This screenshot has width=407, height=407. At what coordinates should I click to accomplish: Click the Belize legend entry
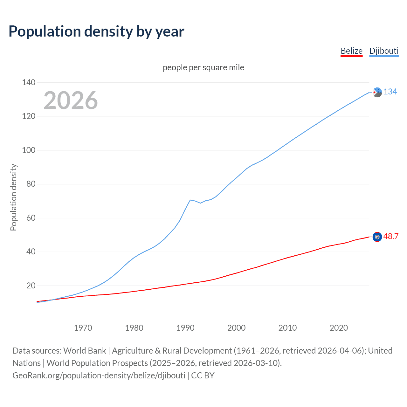tap(351, 51)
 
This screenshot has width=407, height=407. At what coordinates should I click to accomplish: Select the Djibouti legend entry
tap(384, 51)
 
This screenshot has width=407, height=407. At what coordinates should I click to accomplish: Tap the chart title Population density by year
tap(96, 31)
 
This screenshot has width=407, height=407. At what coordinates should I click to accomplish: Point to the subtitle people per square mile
tap(203, 67)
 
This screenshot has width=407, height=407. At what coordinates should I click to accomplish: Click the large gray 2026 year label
tap(71, 100)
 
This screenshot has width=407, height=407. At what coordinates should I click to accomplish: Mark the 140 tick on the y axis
tap(29, 82)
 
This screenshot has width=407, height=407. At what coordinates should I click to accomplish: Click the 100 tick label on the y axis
tap(29, 150)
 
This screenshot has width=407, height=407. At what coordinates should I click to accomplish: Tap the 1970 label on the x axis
tap(83, 328)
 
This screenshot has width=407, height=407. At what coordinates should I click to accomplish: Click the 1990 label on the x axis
tap(185, 328)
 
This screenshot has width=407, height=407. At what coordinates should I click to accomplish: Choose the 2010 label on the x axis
tap(287, 328)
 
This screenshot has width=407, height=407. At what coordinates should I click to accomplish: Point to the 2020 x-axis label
tap(339, 328)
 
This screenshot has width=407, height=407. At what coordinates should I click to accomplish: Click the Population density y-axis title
tap(13, 197)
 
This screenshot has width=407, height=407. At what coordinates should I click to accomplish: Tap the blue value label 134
tap(390, 92)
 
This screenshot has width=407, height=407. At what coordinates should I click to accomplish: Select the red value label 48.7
tap(391, 236)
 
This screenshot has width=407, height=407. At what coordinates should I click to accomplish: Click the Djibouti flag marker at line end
tap(377, 92)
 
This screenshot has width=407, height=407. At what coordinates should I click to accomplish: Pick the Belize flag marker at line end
tap(377, 237)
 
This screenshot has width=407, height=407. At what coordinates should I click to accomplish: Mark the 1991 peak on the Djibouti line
tap(190, 200)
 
